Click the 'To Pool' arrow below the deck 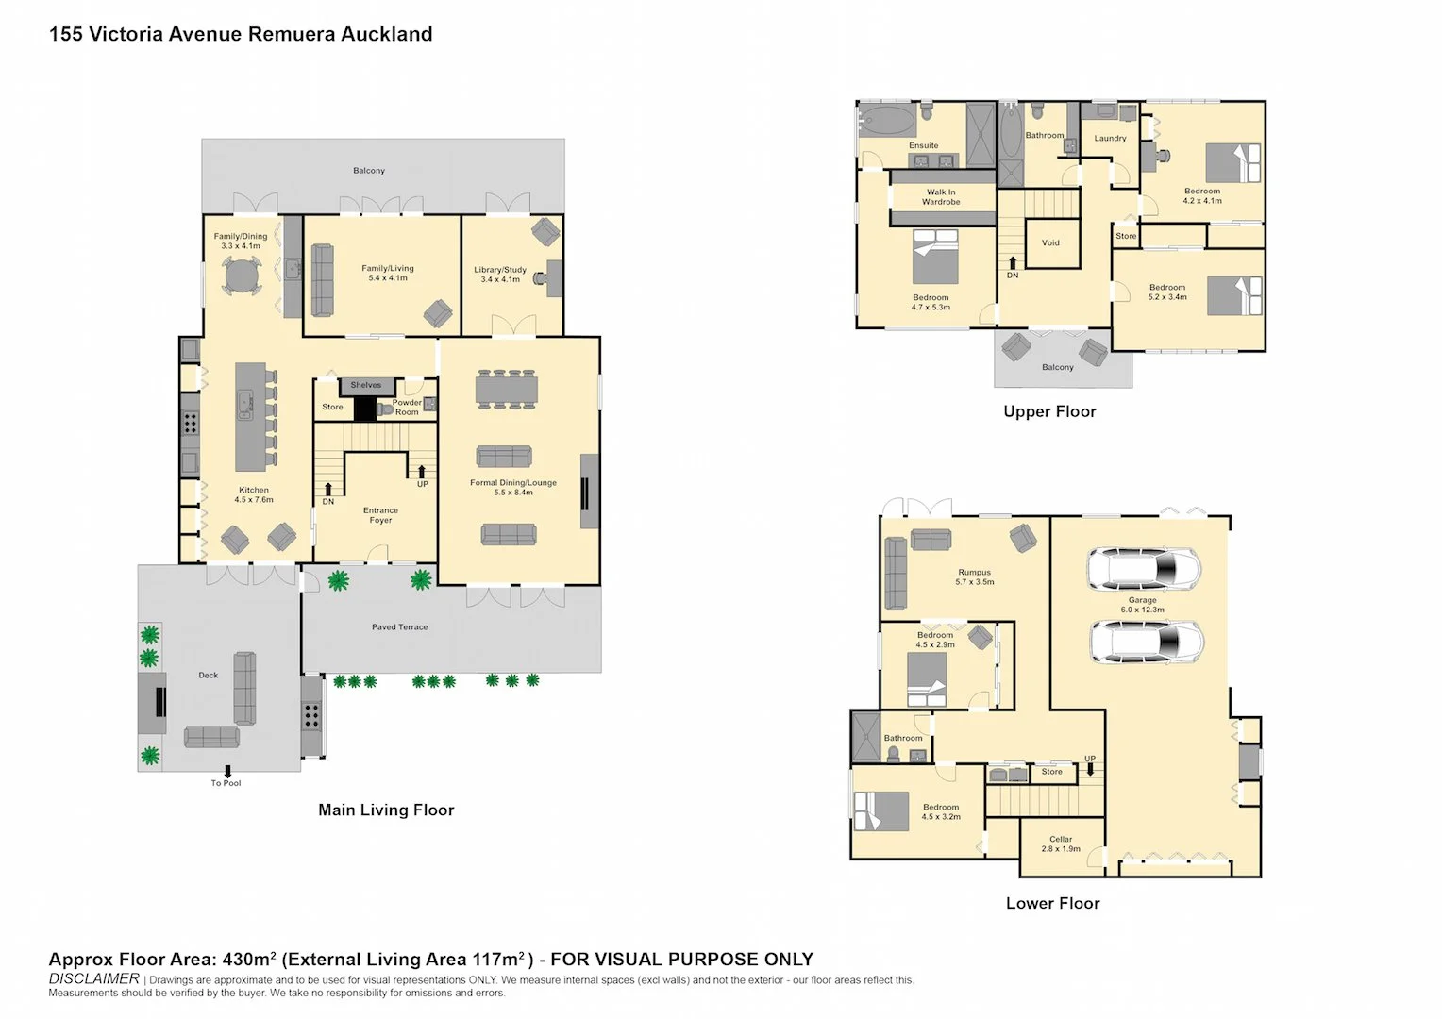[x=227, y=771]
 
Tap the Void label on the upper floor [x=1050, y=242]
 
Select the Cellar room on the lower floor [x=1063, y=845]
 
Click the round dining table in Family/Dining [x=242, y=277]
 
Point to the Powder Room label [x=407, y=407]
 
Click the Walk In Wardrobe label [x=941, y=197]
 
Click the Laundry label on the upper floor [x=1111, y=139]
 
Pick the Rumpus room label [x=975, y=576]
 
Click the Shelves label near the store [x=365, y=385]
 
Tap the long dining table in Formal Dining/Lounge [x=507, y=389]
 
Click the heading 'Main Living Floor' [x=386, y=810]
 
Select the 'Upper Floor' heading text [x=1050, y=411]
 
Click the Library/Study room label [x=500, y=275]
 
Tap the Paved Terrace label [x=400, y=627]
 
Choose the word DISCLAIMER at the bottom [x=94, y=979]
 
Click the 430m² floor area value [x=249, y=960]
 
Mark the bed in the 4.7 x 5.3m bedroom [x=935, y=257]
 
